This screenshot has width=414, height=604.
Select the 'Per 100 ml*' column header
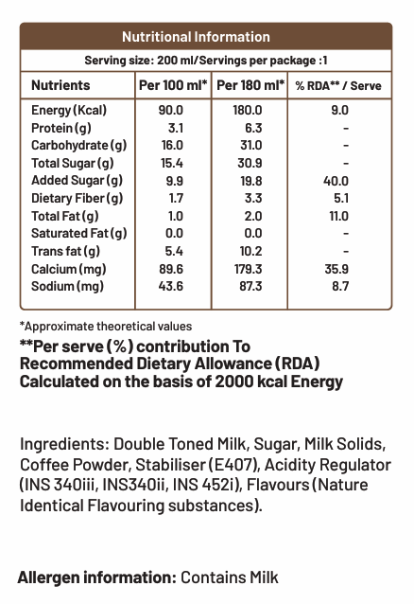[x=172, y=85]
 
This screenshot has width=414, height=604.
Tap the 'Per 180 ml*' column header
[x=250, y=85]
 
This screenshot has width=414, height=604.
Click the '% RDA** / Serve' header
[x=338, y=85]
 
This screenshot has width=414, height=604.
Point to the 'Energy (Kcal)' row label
[x=69, y=110]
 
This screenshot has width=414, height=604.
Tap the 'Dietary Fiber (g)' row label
[x=77, y=198]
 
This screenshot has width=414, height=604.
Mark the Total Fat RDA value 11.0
[x=337, y=216]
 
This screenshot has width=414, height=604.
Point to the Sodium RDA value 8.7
[x=338, y=286]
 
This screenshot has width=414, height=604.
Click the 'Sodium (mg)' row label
[x=67, y=286]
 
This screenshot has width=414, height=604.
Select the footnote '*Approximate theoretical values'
[x=105, y=327]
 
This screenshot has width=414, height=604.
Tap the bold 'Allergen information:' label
[x=96, y=577]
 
